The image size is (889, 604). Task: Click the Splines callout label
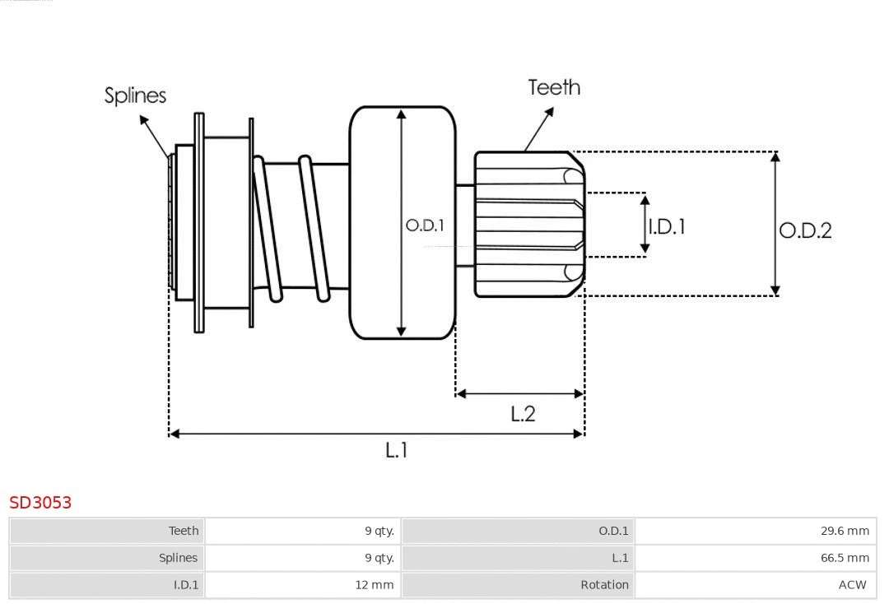(135, 95)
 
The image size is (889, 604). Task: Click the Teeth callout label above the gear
(554, 87)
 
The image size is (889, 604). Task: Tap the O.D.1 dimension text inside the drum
(425, 225)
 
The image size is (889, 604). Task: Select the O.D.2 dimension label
(805, 230)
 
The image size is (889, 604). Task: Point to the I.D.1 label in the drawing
(667, 226)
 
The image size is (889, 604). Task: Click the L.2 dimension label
(523, 414)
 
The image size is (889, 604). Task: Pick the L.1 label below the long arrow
(397, 450)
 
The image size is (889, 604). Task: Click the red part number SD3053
(40, 502)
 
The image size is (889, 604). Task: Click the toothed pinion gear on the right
(527, 224)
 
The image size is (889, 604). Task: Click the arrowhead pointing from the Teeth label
(527, 148)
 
